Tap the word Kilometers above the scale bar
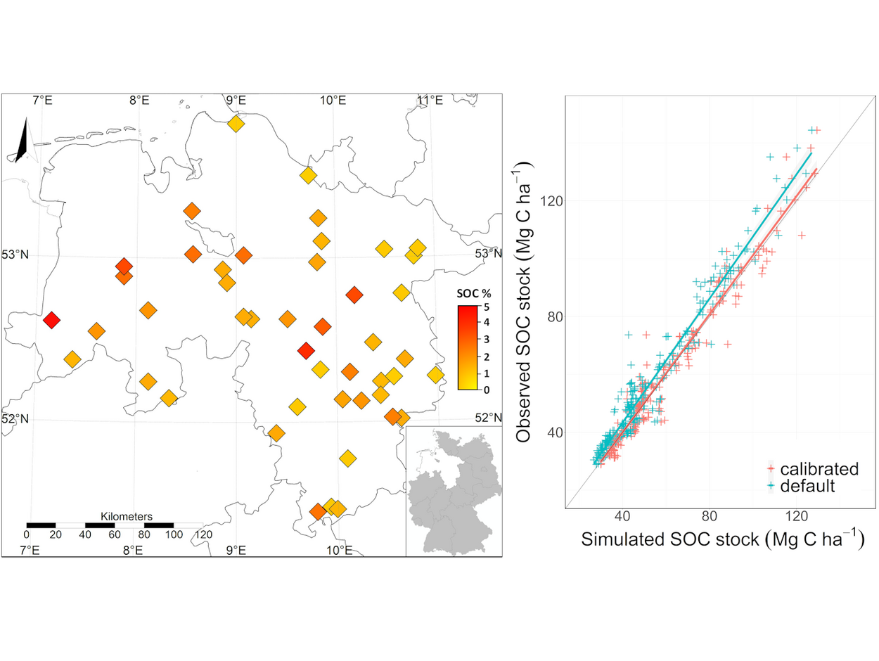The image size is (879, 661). (127, 516)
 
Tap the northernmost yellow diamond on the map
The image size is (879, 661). (236, 124)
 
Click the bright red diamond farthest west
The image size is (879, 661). (51, 320)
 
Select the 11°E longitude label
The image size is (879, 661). (430, 101)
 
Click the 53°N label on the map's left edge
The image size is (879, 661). (16, 255)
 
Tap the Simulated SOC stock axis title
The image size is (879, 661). (721, 541)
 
